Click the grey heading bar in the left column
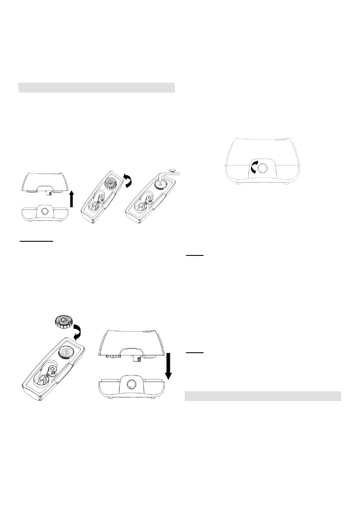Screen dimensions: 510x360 click(97, 87)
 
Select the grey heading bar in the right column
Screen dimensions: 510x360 click(262, 396)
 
